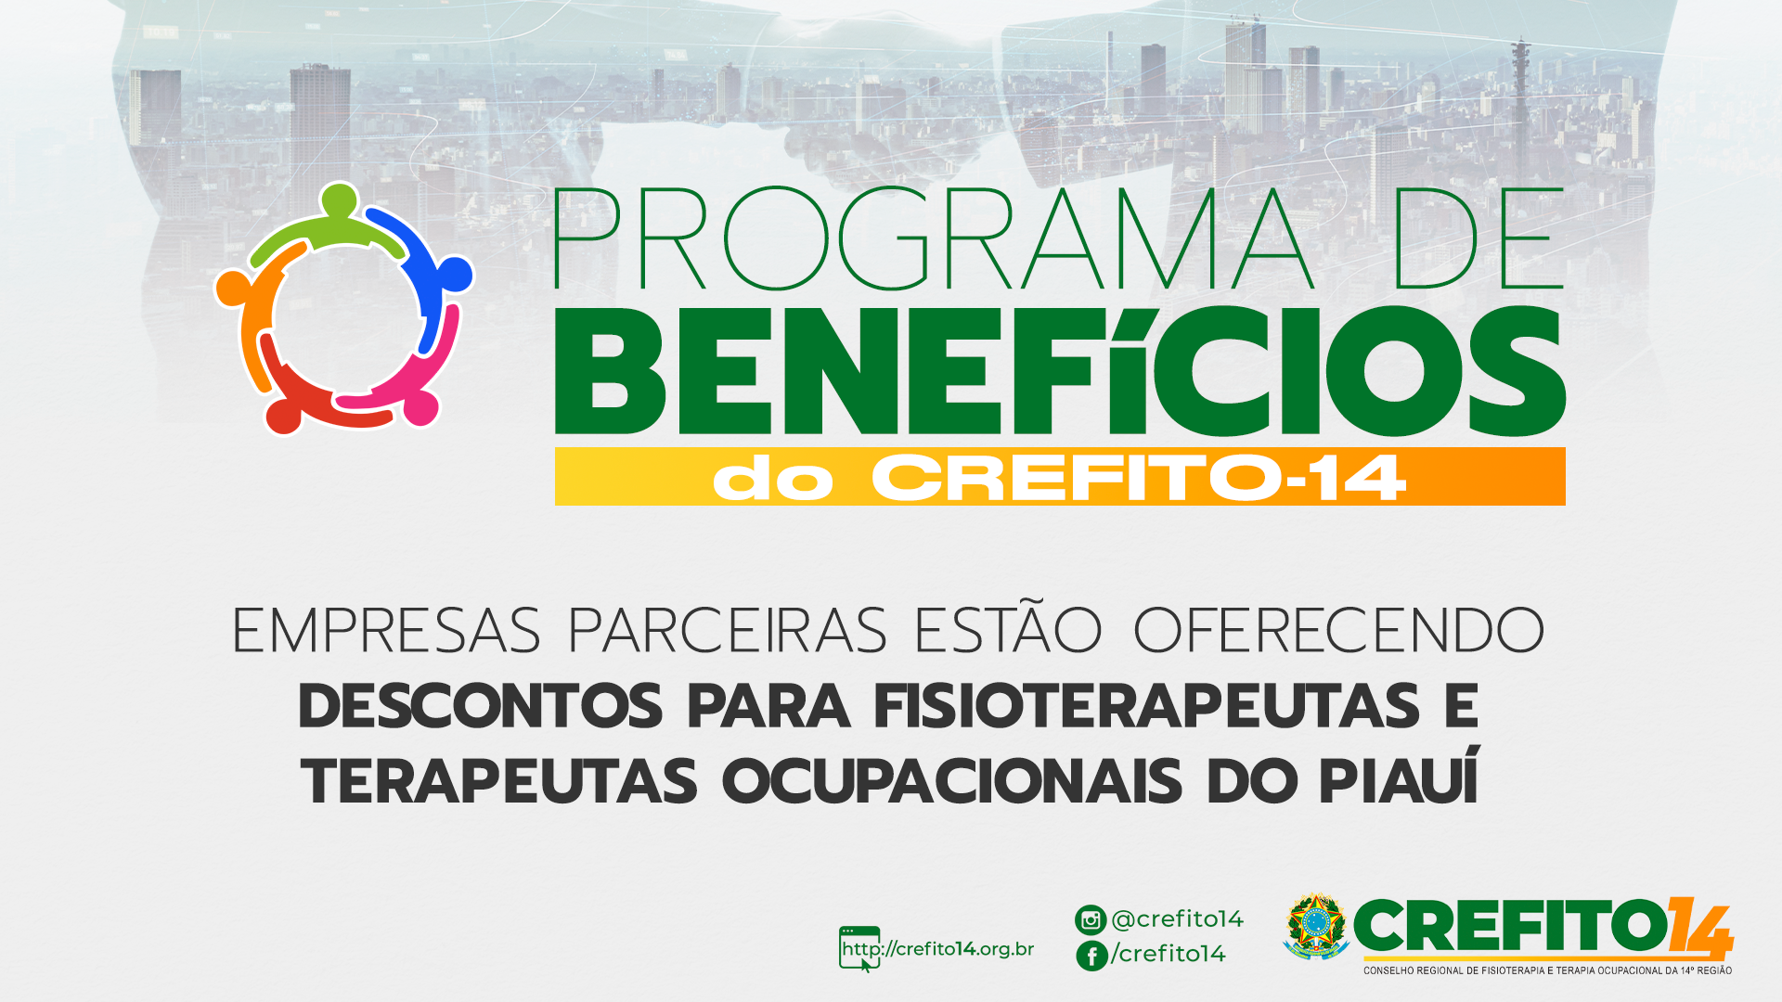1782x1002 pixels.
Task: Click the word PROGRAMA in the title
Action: pos(934,239)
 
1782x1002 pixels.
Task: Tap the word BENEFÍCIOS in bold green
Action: pos(1060,370)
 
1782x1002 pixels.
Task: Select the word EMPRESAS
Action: pos(386,631)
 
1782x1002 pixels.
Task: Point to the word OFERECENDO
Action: pos(1339,631)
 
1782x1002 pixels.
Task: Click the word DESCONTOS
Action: pos(481,706)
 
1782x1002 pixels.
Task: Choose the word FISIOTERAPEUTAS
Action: pos(1147,706)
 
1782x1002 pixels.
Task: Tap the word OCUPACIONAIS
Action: pos(952,781)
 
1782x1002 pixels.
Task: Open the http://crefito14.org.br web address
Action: pos(937,949)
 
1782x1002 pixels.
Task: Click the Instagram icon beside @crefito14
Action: pos(1091,919)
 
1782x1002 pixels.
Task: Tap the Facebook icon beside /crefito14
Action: pos(1091,956)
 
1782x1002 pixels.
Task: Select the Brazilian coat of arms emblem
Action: pos(1316,926)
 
